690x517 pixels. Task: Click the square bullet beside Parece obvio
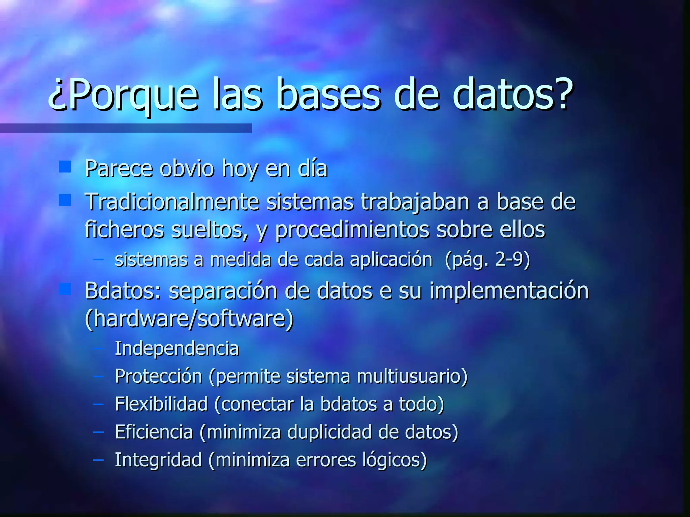(65, 166)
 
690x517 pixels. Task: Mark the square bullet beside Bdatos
(65, 289)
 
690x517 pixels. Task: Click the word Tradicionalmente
(172, 202)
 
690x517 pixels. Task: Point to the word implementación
(509, 291)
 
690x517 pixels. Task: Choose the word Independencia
(177, 348)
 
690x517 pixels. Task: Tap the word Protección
(158, 376)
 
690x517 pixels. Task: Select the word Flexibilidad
(161, 404)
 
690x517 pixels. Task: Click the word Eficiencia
(154, 432)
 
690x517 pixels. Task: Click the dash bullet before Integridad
(98, 459)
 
